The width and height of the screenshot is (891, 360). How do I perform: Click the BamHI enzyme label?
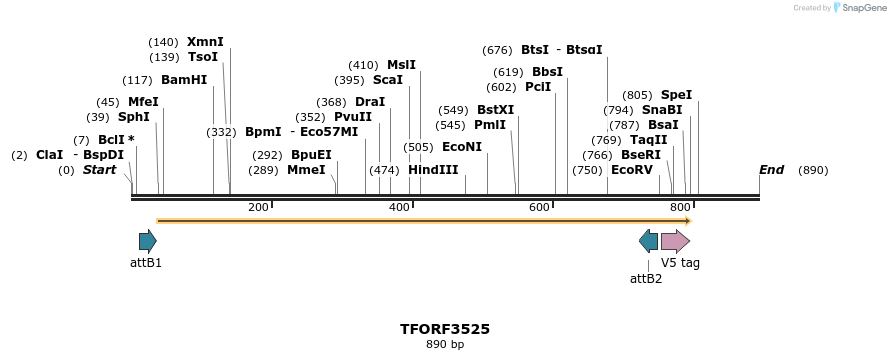click(x=184, y=80)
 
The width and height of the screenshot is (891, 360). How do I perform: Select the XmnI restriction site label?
click(x=205, y=42)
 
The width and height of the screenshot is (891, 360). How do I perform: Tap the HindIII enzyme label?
click(x=433, y=170)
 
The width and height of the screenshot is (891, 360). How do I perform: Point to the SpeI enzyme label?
click(x=676, y=95)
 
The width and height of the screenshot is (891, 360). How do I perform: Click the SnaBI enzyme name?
click(x=662, y=110)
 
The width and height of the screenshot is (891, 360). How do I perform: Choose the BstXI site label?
click(x=495, y=110)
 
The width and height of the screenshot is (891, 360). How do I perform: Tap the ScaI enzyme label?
click(x=388, y=80)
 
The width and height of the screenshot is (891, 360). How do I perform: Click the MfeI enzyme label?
click(x=143, y=102)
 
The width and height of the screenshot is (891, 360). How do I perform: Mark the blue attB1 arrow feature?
click(x=148, y=240)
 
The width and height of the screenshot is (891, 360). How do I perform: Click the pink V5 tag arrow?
click(x=675, y=240)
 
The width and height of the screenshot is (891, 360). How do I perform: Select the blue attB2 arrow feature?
click(x=648, y=240)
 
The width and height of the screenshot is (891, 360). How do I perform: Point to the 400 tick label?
click(x=399, y=207)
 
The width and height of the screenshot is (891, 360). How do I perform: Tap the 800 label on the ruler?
click(x=680, y=207)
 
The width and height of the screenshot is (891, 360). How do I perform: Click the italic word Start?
click(x=99, y=170)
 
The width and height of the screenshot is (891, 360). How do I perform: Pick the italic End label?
click(x=771, y=170)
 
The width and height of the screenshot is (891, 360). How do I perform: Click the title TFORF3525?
click(x=445, y=328)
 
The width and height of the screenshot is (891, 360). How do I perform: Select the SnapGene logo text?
click(x=861, y=8)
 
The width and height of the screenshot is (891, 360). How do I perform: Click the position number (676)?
click(x=497, y=50)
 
